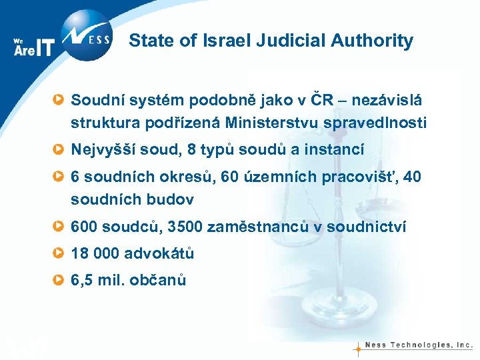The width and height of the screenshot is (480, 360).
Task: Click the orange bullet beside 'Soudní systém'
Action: (59, 101)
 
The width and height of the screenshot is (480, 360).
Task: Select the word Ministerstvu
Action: (278, 123)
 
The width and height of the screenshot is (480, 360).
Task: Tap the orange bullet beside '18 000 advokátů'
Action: (59, 254)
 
